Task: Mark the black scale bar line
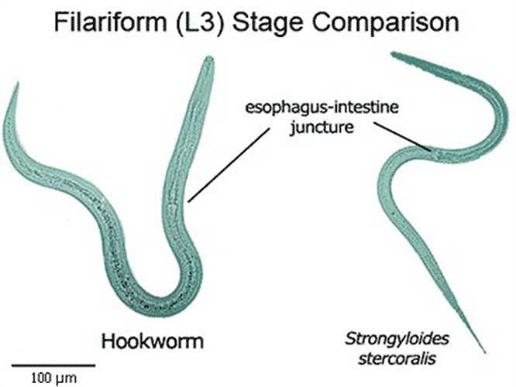tap(53, 364)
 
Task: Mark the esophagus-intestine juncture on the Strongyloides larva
tap(430, 149)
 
